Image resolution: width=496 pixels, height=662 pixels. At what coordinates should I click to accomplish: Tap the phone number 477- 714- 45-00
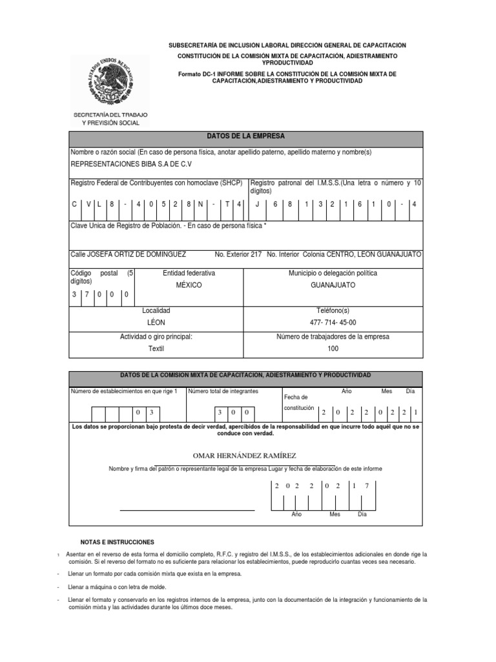pyautogui.click(x=333, y=323)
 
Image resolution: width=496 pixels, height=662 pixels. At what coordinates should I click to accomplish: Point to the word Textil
pyautogui.click(x=156, y=348)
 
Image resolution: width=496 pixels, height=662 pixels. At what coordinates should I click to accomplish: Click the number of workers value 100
pyautogui.click(x=333, y=348)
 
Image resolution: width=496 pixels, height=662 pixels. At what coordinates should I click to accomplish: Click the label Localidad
pyautogui.click(x=156, y=310)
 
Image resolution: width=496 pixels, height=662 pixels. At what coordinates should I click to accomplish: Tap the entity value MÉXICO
pyautogui.click(x=189, y=285)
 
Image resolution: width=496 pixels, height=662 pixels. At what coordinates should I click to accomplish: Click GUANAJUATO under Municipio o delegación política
pyautogui.click(x=333, y=285)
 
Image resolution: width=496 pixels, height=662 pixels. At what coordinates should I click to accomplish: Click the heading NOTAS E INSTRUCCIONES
pyautogui.click(x=117, y=542)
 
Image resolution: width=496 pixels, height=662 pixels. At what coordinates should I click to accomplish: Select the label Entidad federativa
pyautogui.click(x=189, y=273)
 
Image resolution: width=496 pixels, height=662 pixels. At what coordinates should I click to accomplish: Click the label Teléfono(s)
pyautogui.click(x=333, y=310)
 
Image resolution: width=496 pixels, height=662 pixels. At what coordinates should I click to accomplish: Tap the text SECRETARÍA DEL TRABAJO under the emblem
pyautogui.click(x=110, y=114)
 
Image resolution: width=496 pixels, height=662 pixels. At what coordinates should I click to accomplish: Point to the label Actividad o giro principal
pyautogui.click(x=156, y=336)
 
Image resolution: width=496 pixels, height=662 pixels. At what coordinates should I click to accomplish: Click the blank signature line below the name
pyautogui.click(x=187, y=510)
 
